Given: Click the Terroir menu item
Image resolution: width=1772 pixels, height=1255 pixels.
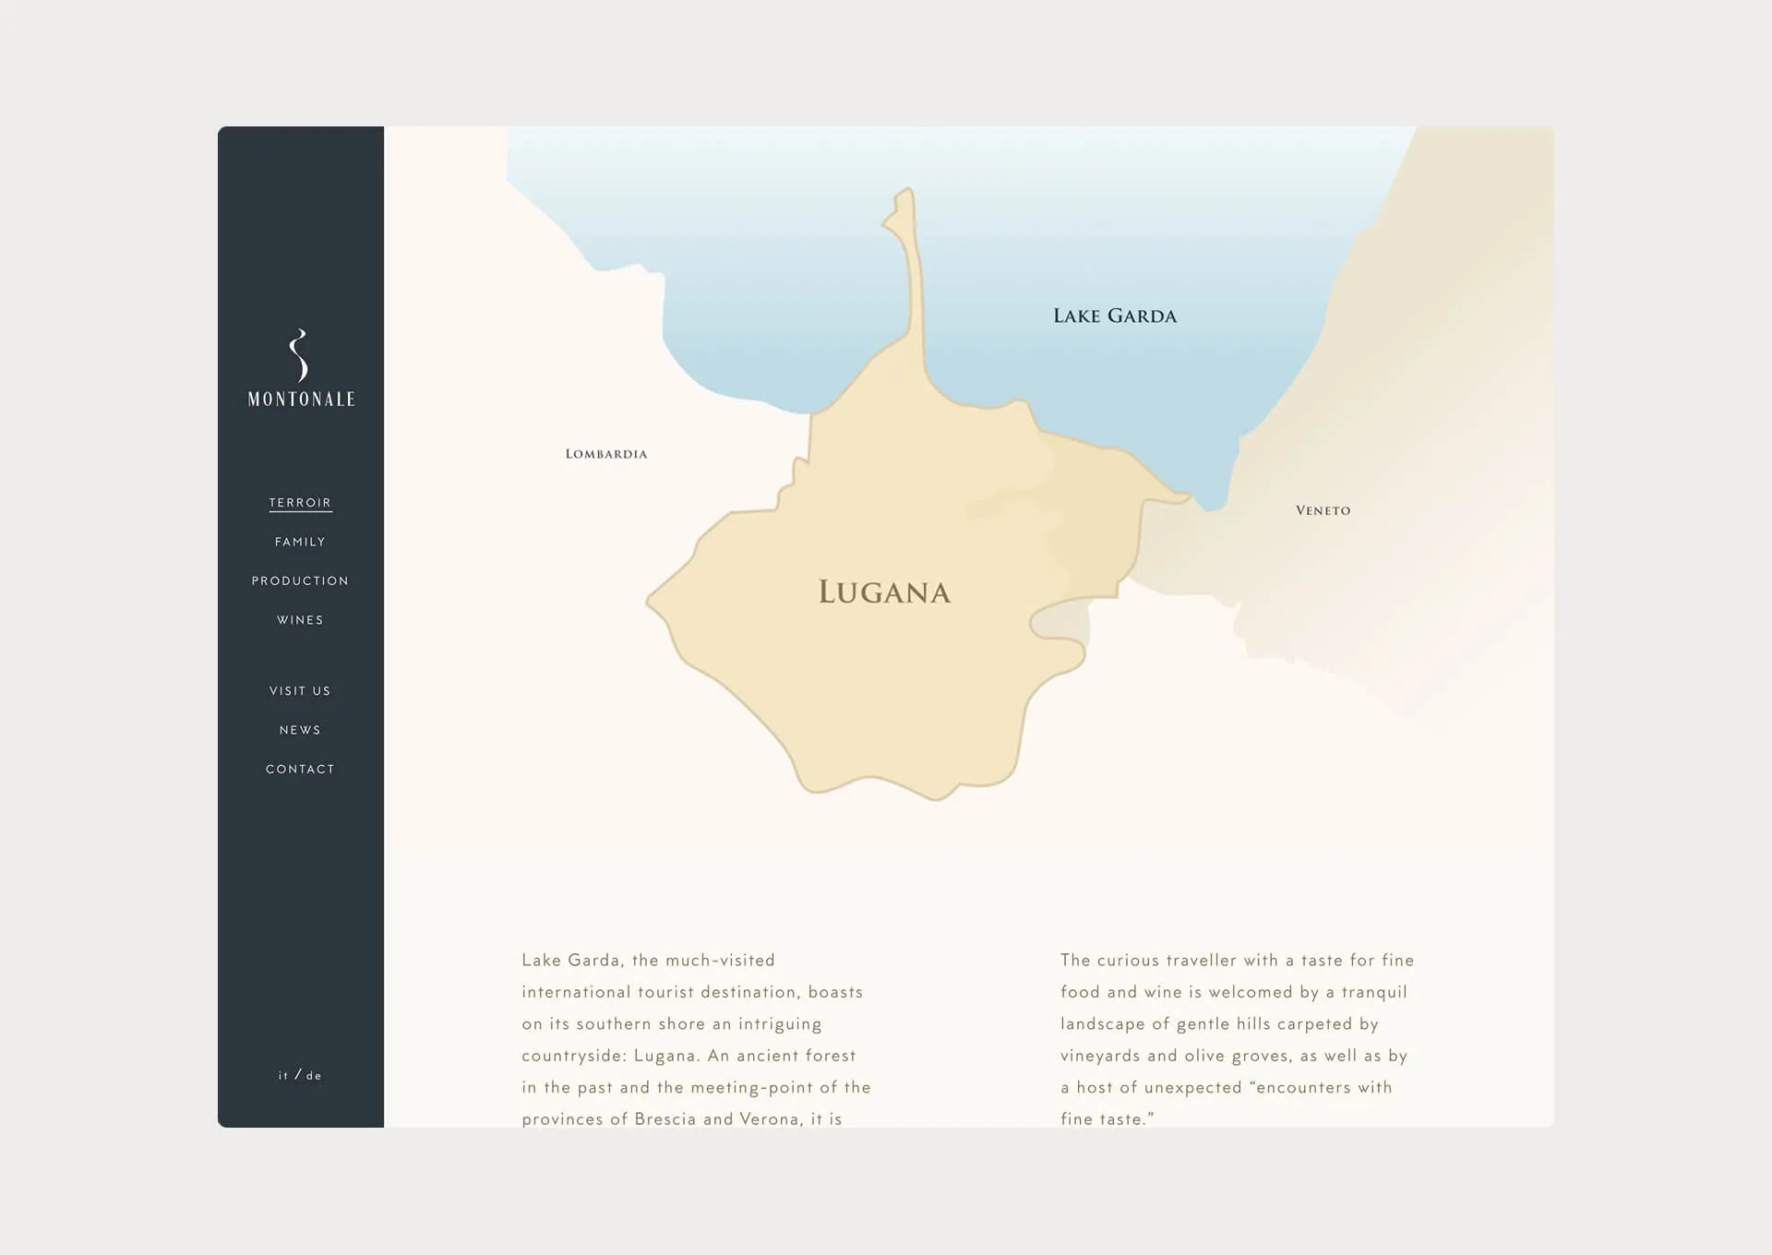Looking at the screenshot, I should tap(300, 503).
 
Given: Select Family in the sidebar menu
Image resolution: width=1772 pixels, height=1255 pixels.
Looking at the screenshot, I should tap(300, 542).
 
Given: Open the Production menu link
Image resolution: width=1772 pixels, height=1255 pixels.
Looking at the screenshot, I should tap(300, 580).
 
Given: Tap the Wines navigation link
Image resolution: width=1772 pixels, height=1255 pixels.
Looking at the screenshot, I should tap(300, 620).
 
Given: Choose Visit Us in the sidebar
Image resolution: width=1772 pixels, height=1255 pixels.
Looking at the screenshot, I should tap(300, 691).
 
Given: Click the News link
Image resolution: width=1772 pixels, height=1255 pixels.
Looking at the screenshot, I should tap(300, 730).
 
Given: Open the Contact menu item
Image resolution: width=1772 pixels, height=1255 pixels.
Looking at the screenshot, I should tap(300, 769).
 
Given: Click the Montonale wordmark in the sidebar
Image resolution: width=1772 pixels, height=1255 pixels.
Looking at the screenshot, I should tap(301, 400).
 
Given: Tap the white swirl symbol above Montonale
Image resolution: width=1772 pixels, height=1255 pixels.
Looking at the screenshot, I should tap(298, 355).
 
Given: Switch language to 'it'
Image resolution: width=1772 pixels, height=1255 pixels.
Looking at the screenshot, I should tap(283, 1075).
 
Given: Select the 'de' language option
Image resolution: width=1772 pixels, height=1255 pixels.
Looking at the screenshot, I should tap(314, 1076).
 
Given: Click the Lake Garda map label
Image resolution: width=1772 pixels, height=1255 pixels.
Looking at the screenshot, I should tap(1115, 317).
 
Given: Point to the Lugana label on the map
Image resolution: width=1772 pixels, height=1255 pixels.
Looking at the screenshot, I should tap(884, 592).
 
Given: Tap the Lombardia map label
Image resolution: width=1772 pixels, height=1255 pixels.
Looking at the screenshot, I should tap(606, 454).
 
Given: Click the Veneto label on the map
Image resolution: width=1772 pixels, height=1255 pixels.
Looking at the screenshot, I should tap(1323, 510).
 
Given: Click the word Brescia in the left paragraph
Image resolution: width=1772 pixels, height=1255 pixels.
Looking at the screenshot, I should tap(665, 1119).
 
